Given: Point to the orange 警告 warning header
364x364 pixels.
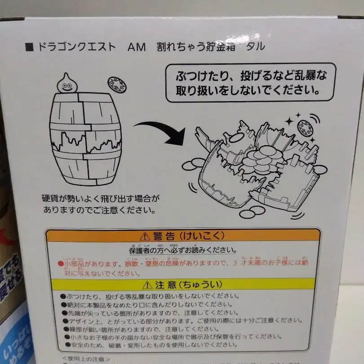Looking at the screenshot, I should [x=182, y=236].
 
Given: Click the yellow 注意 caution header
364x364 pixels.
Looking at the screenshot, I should [x=182, y=284].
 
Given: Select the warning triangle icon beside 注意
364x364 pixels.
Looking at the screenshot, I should [x=146, y=285].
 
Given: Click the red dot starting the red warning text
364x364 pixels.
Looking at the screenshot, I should [x=60, y=262].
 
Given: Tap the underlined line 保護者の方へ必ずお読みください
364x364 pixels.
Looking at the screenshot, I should [x=182, y=250].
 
